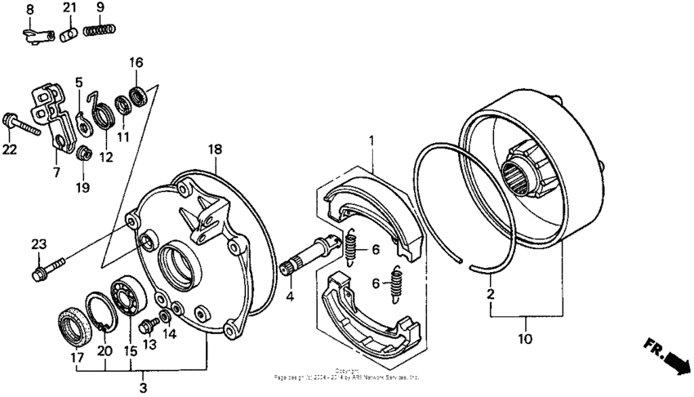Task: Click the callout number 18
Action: [215, 149]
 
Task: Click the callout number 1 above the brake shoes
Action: [372, 141]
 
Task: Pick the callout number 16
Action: [136, 62]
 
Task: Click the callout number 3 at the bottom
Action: [143, 386]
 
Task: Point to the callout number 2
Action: [491, 292]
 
